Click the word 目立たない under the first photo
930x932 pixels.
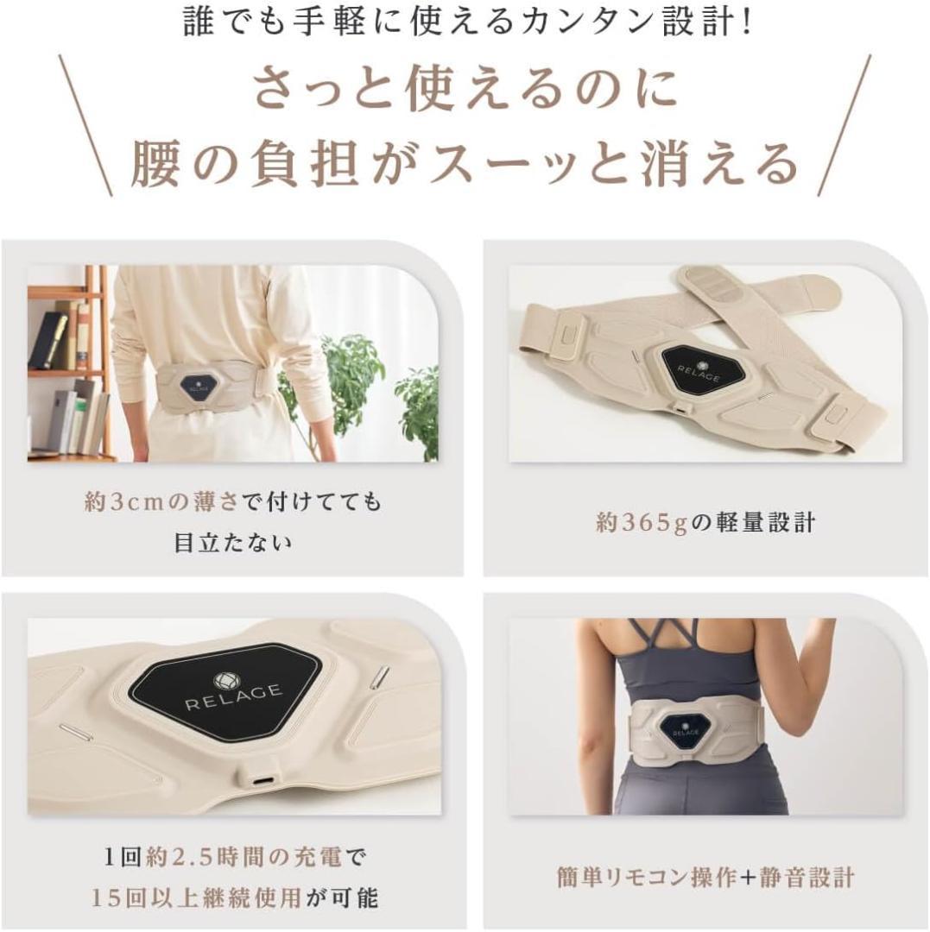232,543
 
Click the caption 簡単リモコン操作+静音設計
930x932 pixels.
705,878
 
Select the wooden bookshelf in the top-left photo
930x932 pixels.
69,362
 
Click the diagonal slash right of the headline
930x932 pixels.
844,125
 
